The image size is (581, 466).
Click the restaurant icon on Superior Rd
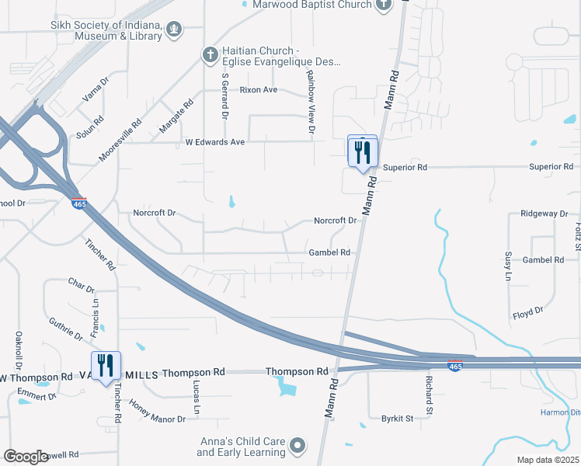pos(362,152)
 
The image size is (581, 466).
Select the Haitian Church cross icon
pos(209,54)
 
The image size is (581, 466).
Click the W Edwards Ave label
pos(214,142)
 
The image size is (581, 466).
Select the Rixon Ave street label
pos(259,90)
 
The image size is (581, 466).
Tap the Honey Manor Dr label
pos(158,412)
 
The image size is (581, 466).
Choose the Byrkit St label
pos(396,418)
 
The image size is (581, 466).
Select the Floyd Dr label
pos(527,314)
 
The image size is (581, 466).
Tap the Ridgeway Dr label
pos(544,214)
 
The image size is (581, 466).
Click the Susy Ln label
pos(508,265)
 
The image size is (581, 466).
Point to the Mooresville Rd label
pos(120,140)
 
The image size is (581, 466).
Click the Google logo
pos(26,457)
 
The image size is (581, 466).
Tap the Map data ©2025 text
pos(547,460)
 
